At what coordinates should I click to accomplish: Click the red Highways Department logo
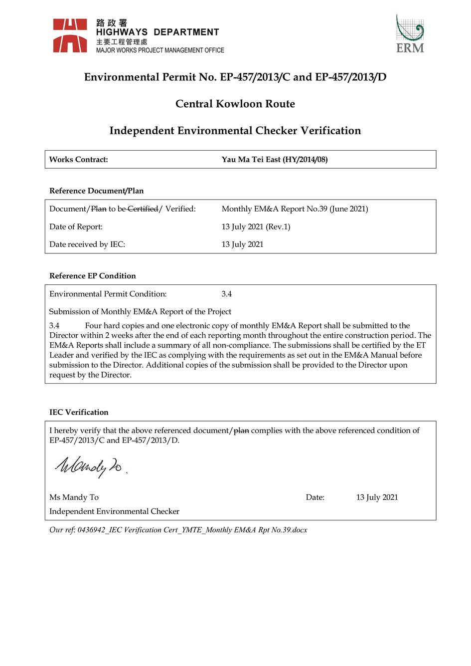[x=70, y=35]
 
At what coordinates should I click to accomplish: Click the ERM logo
[x=410, y=34]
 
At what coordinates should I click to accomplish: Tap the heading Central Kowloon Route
[x=235, y=104]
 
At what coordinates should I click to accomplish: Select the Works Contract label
[x=78, y=160]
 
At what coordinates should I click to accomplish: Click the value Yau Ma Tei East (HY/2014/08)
[x=274, y=160]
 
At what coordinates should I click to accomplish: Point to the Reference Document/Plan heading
[x=96, y=191]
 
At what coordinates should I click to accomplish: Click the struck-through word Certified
[x=143, y=209]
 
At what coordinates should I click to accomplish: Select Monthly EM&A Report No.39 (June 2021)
[x=295, y=209]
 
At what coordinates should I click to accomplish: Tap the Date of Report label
[x=76, y=226]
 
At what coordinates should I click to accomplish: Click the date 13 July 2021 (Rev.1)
[x=256, y=226]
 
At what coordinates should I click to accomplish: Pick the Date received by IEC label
[x=87, y=244]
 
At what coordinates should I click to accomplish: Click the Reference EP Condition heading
[x=92, y=276]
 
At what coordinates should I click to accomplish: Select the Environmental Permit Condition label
[x=108, y=294]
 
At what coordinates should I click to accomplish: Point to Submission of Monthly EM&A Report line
[x=140, y=312]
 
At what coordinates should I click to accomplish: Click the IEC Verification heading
[x=79, y=412]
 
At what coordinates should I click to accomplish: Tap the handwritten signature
[x=90, y=467]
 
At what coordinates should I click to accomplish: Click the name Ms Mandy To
[x=74, y=497]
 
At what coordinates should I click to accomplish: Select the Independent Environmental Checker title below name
[x=114, y=511]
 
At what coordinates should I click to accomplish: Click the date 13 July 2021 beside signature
[x=377, y=497]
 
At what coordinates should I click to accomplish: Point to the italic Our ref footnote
[x=178, y=530]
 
